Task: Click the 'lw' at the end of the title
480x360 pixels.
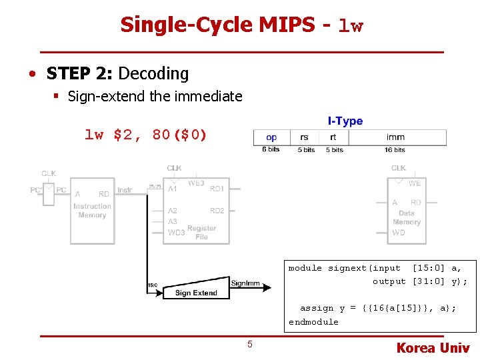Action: tap(351, 27)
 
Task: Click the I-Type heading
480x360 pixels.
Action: tap(345, 121)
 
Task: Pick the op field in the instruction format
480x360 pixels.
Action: tap(271, 137)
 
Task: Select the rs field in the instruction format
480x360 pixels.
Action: tap(305, 137)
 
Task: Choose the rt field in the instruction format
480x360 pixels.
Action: tap(333, 137)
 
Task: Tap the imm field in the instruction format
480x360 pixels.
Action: tap(395, 137)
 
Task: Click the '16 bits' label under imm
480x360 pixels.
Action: tap(395, 150)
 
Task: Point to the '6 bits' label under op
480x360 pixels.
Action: tap(271, 150)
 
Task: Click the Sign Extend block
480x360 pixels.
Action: tap(196, 293)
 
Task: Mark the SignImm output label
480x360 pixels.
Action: tap(245, 283)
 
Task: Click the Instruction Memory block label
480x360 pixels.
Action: tap(92, 211)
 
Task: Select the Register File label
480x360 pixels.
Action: tap(201, 233)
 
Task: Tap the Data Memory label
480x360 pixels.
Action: tap(407, 217)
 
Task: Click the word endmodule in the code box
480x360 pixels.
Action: tap(313, 322)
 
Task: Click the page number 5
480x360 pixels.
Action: tap(250, 344)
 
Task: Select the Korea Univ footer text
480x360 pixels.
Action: tap(433, 347)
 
